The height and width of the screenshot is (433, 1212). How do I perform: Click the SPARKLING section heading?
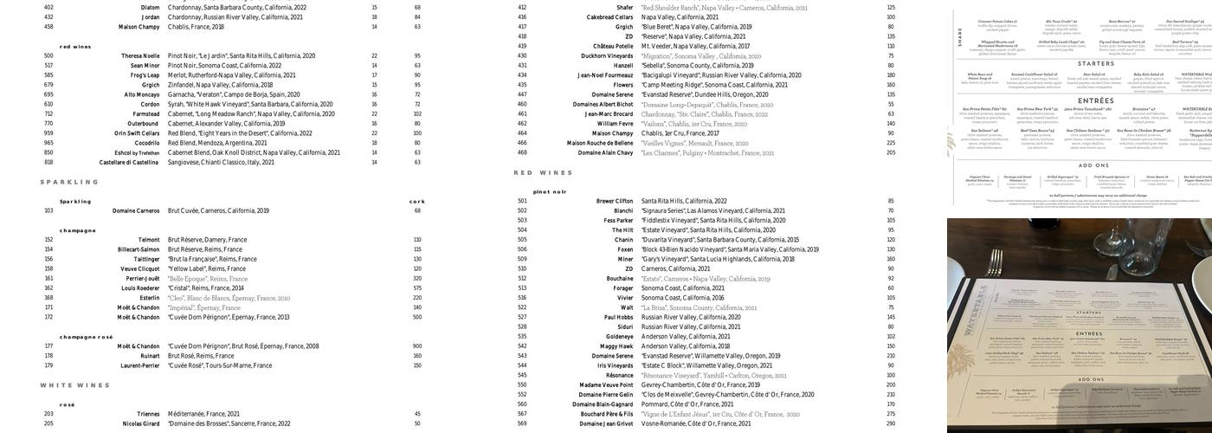point(69,182)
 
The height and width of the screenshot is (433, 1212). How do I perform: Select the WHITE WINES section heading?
point(74,385)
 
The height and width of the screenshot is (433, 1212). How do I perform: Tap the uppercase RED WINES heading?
point(543,173)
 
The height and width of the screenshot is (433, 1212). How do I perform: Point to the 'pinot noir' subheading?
point(550,191)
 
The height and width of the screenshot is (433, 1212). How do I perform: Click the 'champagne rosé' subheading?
point(86,337)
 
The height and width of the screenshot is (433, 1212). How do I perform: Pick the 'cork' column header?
point(417,201)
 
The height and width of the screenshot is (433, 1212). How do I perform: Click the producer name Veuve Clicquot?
point(139,268)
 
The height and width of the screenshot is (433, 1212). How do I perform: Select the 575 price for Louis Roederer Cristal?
point(417,288)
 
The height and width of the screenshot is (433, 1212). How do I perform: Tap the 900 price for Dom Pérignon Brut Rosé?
point(417,346)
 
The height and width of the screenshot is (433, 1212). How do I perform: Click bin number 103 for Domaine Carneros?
point(48,210)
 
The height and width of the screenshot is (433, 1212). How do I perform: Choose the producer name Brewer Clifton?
point(615,201)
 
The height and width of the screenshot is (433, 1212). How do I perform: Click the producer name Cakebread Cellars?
point(609,17)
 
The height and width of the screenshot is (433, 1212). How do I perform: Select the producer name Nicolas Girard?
point(141,423)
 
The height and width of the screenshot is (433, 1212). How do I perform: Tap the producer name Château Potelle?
point(613,46)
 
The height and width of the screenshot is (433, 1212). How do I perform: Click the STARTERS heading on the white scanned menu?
point(1095,64)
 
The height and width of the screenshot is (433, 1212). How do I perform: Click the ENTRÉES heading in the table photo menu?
point(1089,333)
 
